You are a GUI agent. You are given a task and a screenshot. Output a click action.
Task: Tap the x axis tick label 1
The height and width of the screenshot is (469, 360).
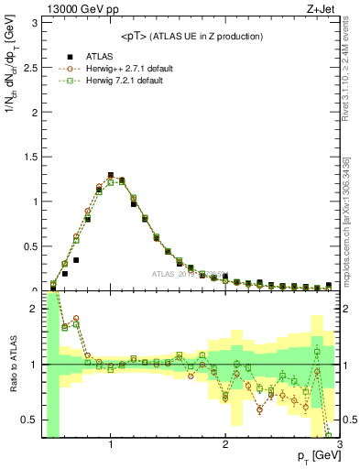[111, 446]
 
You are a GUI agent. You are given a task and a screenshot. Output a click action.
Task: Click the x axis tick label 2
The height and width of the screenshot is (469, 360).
[225, 446]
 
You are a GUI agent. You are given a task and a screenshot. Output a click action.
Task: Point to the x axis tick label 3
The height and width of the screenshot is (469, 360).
[339, 446]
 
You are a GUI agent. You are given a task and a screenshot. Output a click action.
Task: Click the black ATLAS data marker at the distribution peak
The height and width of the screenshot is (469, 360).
[111, 175]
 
